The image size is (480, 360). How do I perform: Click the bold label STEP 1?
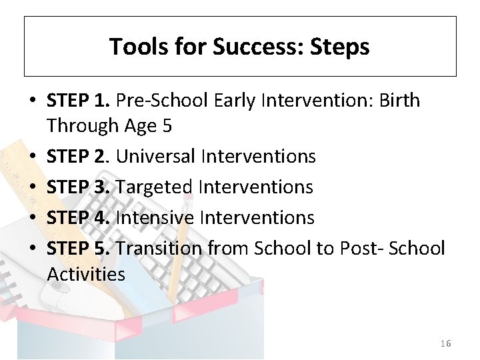coord(78,101)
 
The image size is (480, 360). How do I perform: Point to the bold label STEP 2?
coord(78,156)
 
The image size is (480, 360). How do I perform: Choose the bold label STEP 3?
coord(78,187)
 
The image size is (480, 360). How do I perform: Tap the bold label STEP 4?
coord(78,217)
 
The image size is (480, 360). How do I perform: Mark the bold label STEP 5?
coord(78,248)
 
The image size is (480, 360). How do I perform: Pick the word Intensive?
coord(156,217)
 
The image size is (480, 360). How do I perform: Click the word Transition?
coord(160,248)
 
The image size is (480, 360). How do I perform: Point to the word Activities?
coord(86,274)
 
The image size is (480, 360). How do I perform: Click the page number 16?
coord(445,343)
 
